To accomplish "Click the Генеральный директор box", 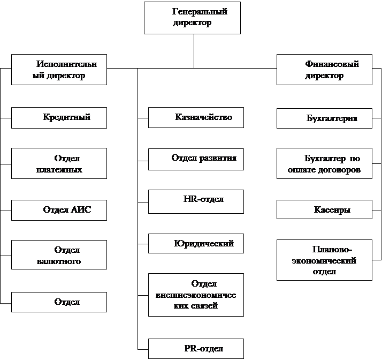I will tap(192, 18).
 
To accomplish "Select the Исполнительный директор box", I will tap(59, 70).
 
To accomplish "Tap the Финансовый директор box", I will tap(324, 70).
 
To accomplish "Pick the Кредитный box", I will tap(59, 118).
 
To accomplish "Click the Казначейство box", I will tap(196, 118).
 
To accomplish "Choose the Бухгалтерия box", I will tap(324, 118).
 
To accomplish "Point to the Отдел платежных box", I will tap(59, 164).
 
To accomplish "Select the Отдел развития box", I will tap(196, 159).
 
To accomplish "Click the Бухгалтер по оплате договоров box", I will tap(324, 164).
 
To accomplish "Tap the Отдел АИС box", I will tap(59, 210).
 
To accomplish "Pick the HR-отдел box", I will tap(196, 201).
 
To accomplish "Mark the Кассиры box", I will tap(324, 210).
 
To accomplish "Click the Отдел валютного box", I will tap(59, 255).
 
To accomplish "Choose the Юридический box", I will tap(196, 244).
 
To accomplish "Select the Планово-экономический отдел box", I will tap(324, 260).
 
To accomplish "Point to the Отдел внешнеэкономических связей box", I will tap(196, 295).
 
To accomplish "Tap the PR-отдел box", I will tap(196, 349).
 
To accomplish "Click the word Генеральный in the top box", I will tap(200, 12).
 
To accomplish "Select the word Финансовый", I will tap(332, 64).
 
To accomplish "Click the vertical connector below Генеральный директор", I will tap(193, 51).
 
